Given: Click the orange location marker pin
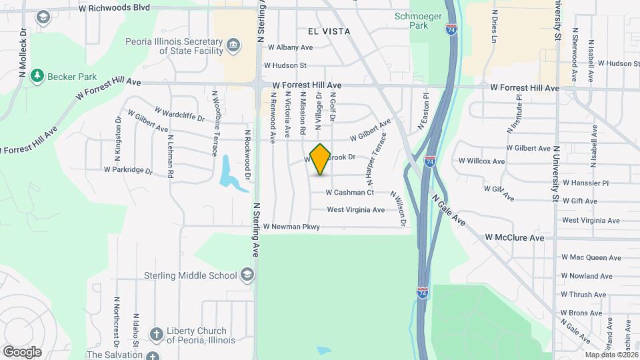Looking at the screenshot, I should pos(321,159).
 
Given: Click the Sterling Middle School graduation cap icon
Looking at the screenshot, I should pos(247,275).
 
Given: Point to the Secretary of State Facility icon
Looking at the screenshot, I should pos(233,45).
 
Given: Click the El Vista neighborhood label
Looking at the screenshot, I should pos(329,31).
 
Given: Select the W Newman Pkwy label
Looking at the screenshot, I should pos(291,227).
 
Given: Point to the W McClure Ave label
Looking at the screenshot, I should pos(514,238).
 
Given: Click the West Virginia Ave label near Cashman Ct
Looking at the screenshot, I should pos(355,210).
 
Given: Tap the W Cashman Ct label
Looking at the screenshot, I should pos(349,193).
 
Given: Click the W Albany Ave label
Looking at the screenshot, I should pos(290,48).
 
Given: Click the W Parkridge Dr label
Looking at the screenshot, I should pos(128,170).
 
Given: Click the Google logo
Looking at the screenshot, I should pos(22,351).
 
